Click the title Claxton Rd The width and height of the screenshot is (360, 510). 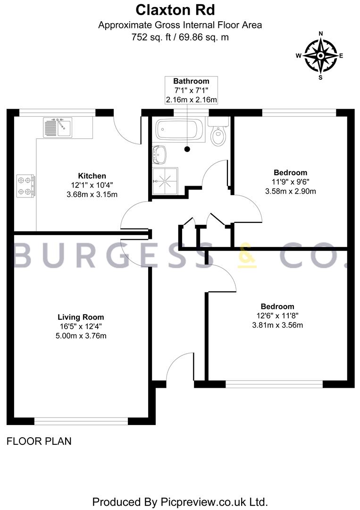(175, 10)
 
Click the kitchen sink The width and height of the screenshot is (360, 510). (58, 127)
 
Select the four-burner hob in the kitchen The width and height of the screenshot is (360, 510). (26, 186)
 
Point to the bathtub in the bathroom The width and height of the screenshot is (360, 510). (180, 130)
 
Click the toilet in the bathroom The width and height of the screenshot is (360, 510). (218, 131)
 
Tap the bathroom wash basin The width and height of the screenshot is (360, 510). (159, 155)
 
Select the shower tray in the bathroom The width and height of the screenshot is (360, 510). (165, 180)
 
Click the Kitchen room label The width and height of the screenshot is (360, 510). (92, 176)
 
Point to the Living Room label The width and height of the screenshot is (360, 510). (81, 317)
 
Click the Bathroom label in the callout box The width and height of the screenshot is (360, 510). (191, 81)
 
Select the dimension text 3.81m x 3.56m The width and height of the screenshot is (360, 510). (277, 325)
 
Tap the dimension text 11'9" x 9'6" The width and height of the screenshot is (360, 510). (291, 182)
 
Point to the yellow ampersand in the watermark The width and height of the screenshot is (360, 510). (247, 255)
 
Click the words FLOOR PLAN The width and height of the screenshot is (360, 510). (39, 442)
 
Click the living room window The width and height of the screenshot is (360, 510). (81, 422)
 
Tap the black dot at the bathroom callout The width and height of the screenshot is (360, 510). (187, 149)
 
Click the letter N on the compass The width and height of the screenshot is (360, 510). (321, 34)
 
